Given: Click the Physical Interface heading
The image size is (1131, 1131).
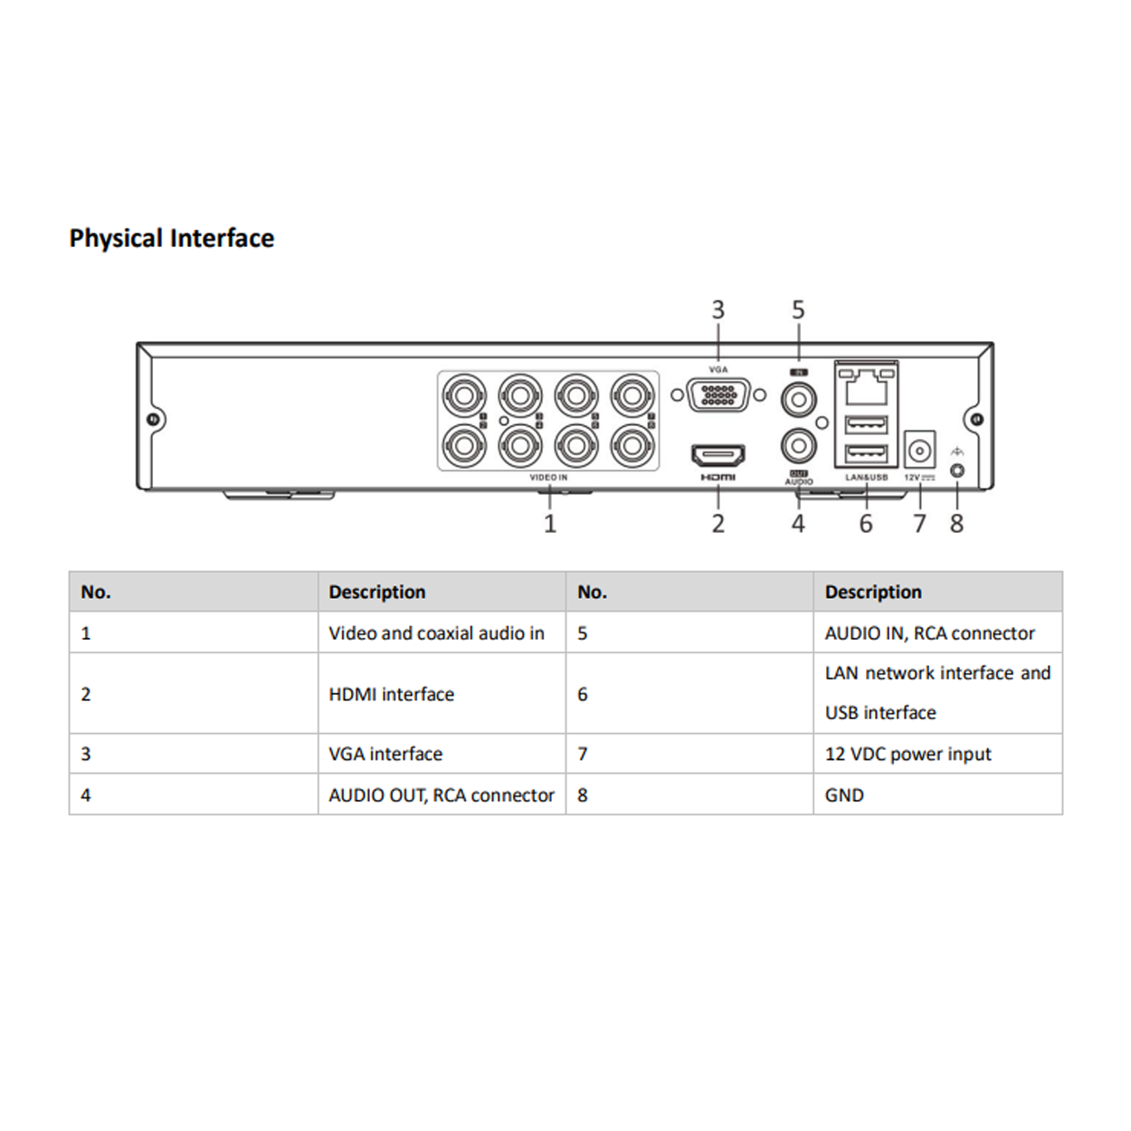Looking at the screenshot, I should [x=172, y=238].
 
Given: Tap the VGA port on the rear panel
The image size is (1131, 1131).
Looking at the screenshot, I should [x=718, y=395].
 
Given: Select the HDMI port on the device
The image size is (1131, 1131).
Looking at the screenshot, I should [x=718, y=455].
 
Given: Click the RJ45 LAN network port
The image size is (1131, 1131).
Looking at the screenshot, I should [x=866, y=387].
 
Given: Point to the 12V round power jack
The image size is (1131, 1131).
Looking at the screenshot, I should [x=919, y=450].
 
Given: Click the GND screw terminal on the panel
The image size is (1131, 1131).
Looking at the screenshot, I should [x=957, y=471].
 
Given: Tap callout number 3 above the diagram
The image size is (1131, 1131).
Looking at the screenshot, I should [x=718, y=310].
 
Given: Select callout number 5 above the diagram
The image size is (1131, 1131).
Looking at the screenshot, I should [x=798, y=310].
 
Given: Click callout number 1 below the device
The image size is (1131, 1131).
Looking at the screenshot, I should [x=549, y=524].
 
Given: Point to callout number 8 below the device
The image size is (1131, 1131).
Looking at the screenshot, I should [x=956, y=524].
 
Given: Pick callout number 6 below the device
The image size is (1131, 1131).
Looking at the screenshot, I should [x=866, y=524].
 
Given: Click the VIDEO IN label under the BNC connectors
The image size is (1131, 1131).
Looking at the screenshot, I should [x=548, y=478].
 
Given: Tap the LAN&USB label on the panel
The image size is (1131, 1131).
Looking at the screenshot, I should [x=866, y=478].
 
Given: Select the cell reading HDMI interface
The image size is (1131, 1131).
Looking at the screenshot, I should [x=392, y=694].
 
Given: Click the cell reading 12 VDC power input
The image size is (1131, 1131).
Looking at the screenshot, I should [x=908, y=754].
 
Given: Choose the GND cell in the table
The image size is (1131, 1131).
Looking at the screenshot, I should [x=844, y=795].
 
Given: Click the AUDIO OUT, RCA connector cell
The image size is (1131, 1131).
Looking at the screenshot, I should [x=442, y=795].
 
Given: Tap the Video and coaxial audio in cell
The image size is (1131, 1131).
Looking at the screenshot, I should [x=436, y=633].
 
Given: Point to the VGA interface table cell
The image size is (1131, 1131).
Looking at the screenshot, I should [x=385, y=754].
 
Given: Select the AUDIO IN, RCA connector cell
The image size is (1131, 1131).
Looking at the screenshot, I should [x=929, y=633].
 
